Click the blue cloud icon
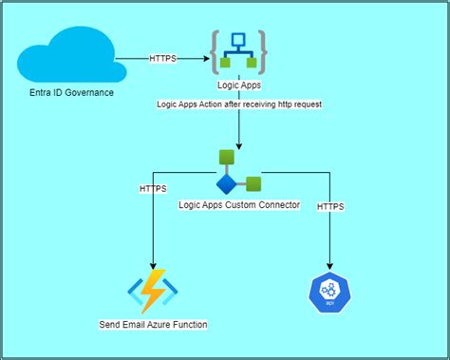(66, 56)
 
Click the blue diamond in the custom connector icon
(226, 183)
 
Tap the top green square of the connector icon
(226, 158)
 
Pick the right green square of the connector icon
(253, 183)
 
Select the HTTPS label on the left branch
(153, 190)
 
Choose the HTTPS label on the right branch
(330, 206)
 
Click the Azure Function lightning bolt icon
(153, 292)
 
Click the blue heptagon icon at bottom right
(329, 292)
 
